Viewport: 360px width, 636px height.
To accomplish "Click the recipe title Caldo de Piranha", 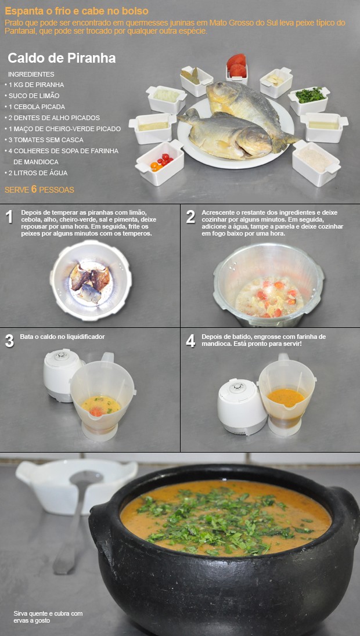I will tap(62, 58).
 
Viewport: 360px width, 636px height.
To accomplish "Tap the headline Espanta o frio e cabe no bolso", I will tap(76, 11).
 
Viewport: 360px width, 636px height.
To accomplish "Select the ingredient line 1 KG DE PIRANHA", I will tap(36, 85).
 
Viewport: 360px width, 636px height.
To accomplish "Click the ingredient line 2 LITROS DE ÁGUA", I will tap(38, 173).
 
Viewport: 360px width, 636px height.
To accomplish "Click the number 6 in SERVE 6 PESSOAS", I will tap(34, 189).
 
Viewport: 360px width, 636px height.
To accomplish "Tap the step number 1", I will tap(9, 218).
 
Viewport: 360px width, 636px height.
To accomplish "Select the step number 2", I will tap(190, 218).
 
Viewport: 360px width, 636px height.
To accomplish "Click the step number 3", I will tap(9, 341).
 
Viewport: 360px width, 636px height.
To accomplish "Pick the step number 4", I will tap(190, 341).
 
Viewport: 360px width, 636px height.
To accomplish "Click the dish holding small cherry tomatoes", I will tap(160, 162).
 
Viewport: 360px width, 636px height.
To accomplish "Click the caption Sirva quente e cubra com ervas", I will tap(48, 617).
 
